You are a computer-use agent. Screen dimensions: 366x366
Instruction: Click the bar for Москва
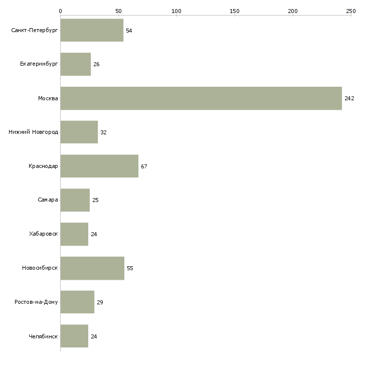point(201,98)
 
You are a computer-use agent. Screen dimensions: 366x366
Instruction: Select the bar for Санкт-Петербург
point(92,30)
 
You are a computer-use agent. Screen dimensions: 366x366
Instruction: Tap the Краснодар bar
point(99,166)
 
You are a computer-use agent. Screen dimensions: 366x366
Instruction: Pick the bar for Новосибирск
point(92,268)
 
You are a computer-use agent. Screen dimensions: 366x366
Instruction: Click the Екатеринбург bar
point(76,64)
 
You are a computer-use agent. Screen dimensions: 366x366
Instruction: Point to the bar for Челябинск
point(75,336)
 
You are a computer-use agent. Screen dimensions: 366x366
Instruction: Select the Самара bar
point(75,200)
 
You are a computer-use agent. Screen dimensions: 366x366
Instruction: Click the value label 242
point(349,98)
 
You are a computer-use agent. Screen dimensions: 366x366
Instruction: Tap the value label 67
point(144,166)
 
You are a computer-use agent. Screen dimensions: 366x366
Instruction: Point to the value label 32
point(103,132)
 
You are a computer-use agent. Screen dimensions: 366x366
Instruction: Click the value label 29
point(100,302)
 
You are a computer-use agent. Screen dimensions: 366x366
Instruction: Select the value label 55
point(130,268)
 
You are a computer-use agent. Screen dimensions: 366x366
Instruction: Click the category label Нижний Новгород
point(34,132)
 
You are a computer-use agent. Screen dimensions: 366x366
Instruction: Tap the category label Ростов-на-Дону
point(36,302)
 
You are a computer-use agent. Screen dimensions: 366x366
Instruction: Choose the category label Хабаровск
point(44,234)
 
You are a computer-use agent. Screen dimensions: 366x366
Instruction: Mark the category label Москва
point(48,98)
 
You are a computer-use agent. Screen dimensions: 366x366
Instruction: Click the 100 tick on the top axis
point(176,16)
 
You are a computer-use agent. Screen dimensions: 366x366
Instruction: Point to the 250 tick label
point(351,11)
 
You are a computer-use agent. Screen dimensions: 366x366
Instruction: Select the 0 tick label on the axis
point(61,11)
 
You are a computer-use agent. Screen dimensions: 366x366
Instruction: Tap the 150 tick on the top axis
point(235,16)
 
